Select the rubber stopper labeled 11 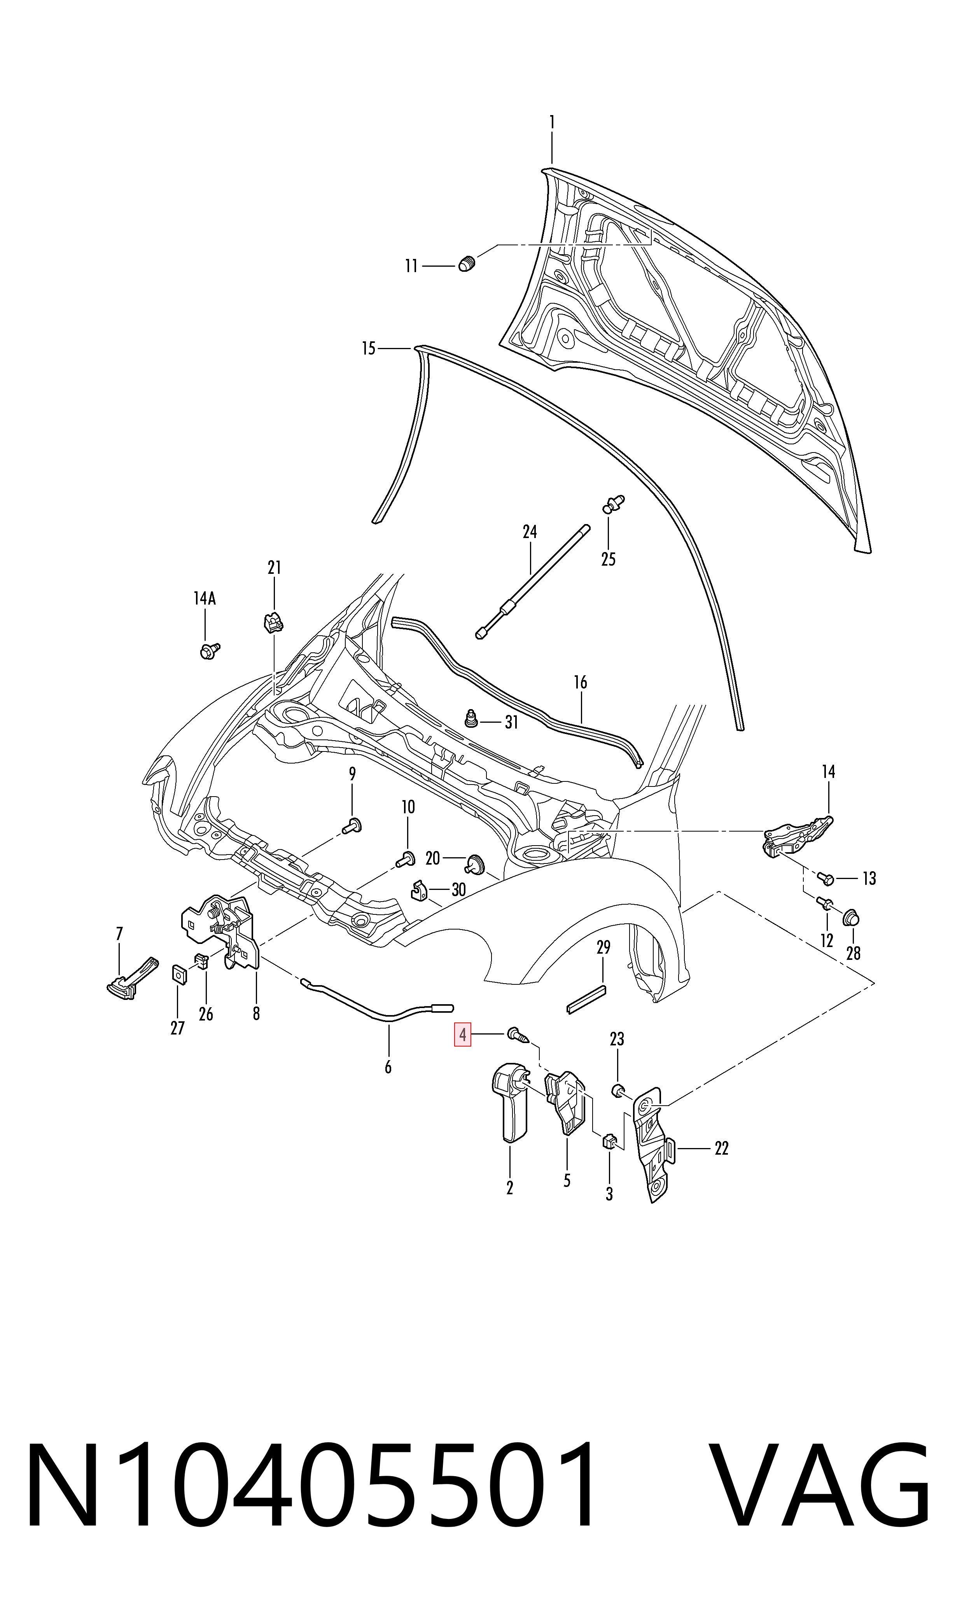pos(467,263)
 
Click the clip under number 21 pos(273,622)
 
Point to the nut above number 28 pos(851,917)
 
